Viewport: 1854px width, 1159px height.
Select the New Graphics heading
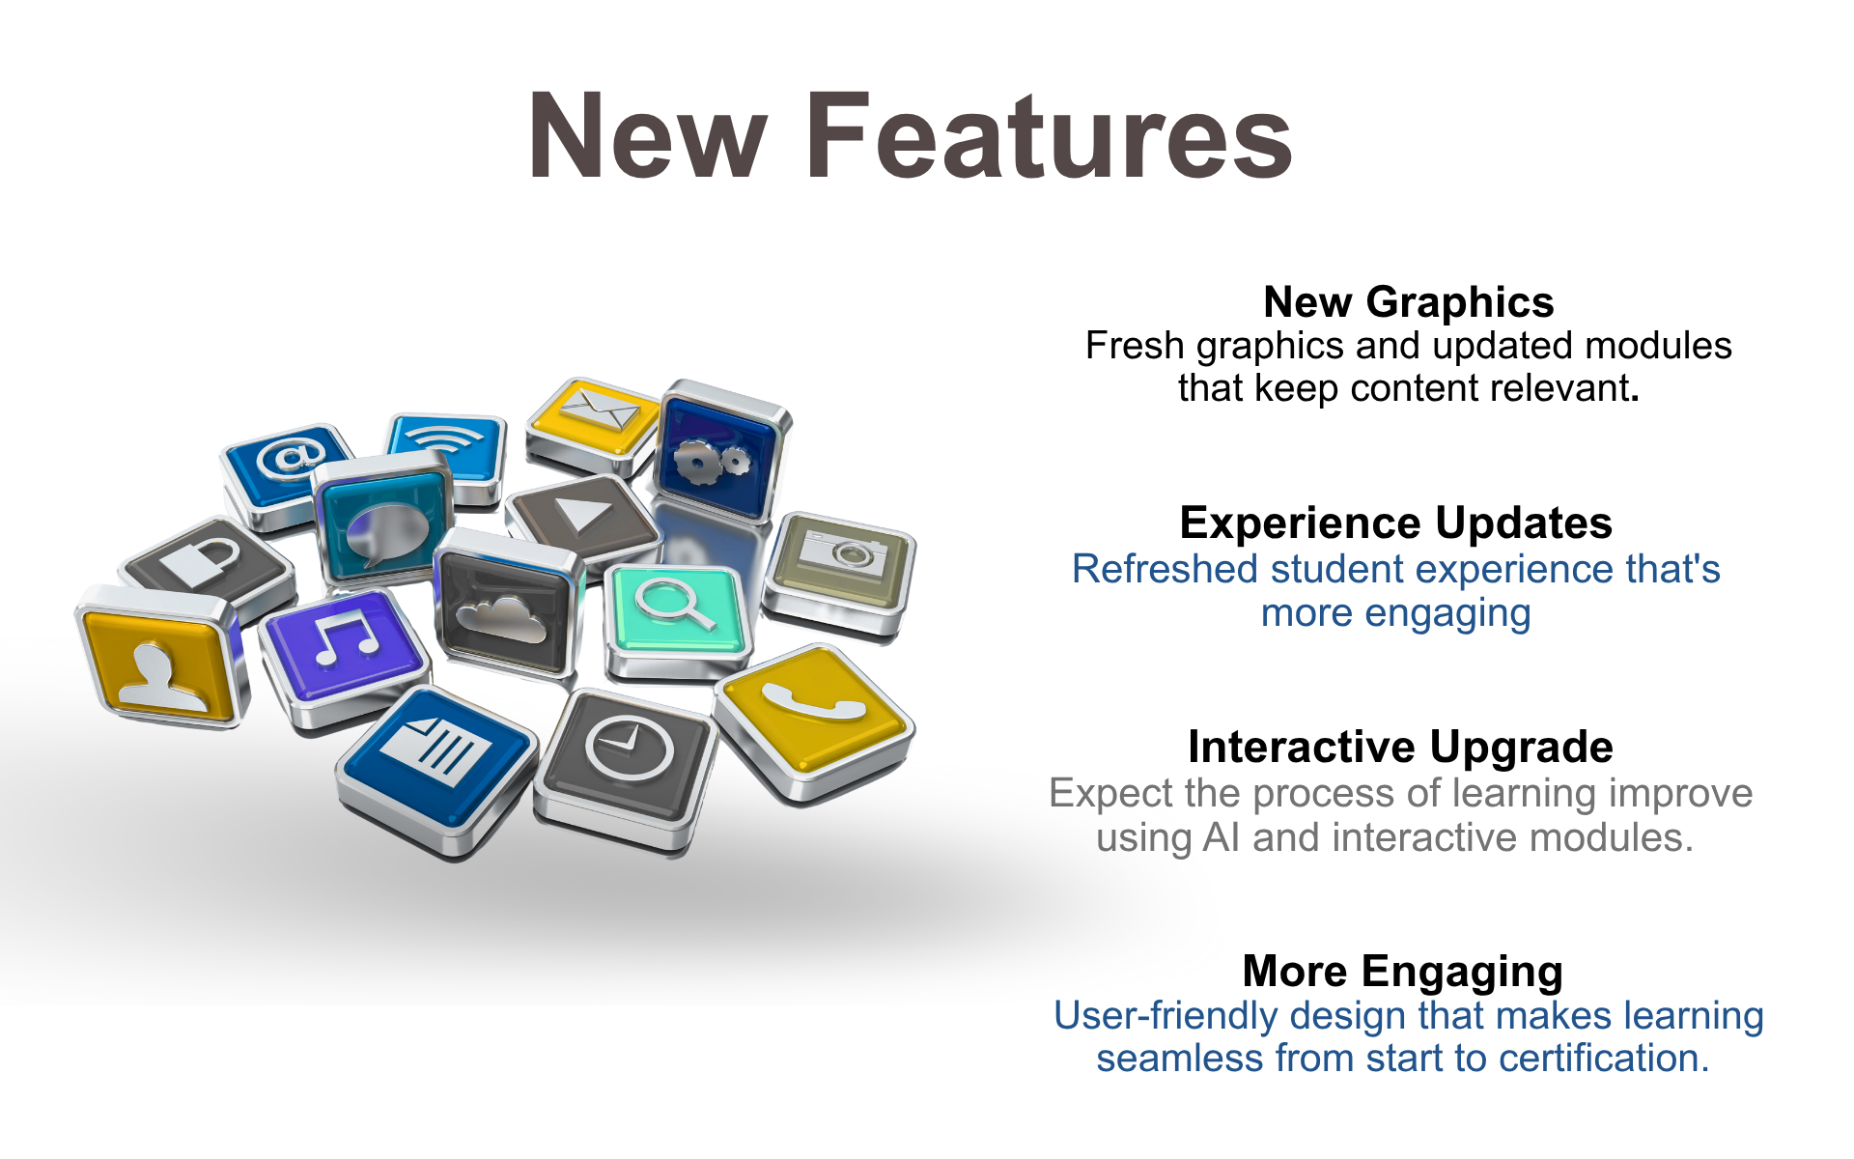point(1408,302)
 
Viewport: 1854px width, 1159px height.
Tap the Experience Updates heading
point(1395,523)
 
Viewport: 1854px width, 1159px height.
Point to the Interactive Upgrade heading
point(1400,747)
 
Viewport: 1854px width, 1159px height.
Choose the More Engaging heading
point(1402,972)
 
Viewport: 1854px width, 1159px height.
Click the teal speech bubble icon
point(384,522)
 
